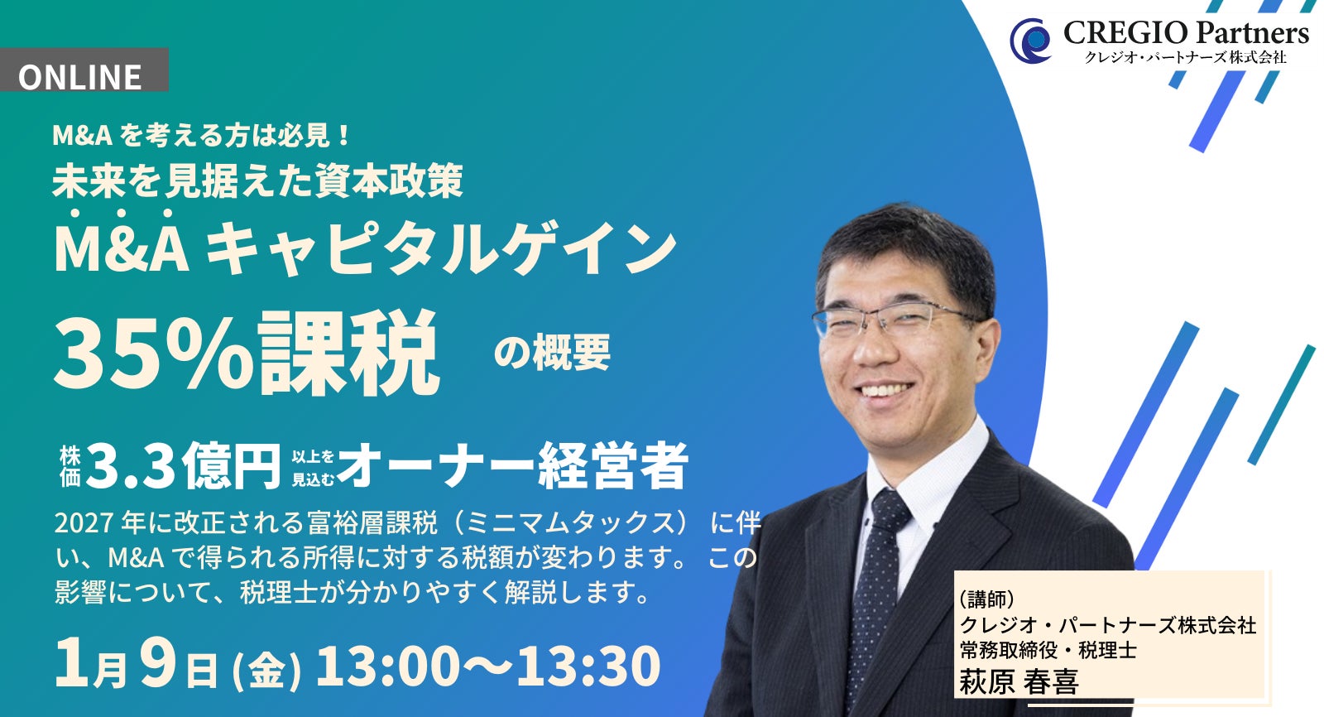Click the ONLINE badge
tap(81, 75)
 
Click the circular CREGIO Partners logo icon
tap(1031, 40)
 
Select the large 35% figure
tap(153, 353)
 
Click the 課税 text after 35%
tap(348, 353)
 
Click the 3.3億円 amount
tap(183, 466)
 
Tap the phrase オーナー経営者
tap(512, 466)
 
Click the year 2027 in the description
tap(84, 523)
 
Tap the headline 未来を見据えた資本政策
tap(257, 180)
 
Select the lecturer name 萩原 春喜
tap(1019, 681)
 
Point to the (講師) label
tap(986, 599)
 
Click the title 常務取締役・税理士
tap(1048, 651)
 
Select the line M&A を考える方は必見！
tap(203, 135)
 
